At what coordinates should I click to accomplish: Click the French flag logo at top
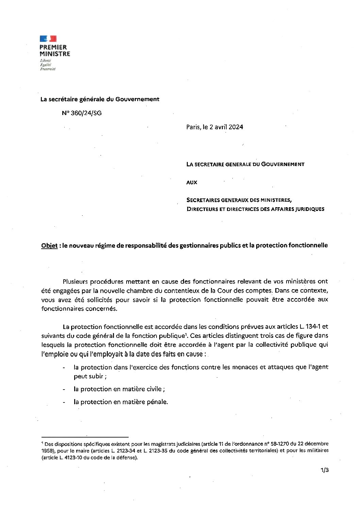point(48,39)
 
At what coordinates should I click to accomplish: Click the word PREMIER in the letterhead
point(53,47)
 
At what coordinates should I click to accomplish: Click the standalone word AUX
point(192,182)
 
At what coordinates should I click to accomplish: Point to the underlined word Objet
point(49,245)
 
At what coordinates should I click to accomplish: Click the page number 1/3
point(324,471)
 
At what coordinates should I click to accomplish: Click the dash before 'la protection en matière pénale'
point(64,402)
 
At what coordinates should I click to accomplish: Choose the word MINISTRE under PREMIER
point(55,54)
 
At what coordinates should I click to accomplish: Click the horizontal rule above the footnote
point(85,437)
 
